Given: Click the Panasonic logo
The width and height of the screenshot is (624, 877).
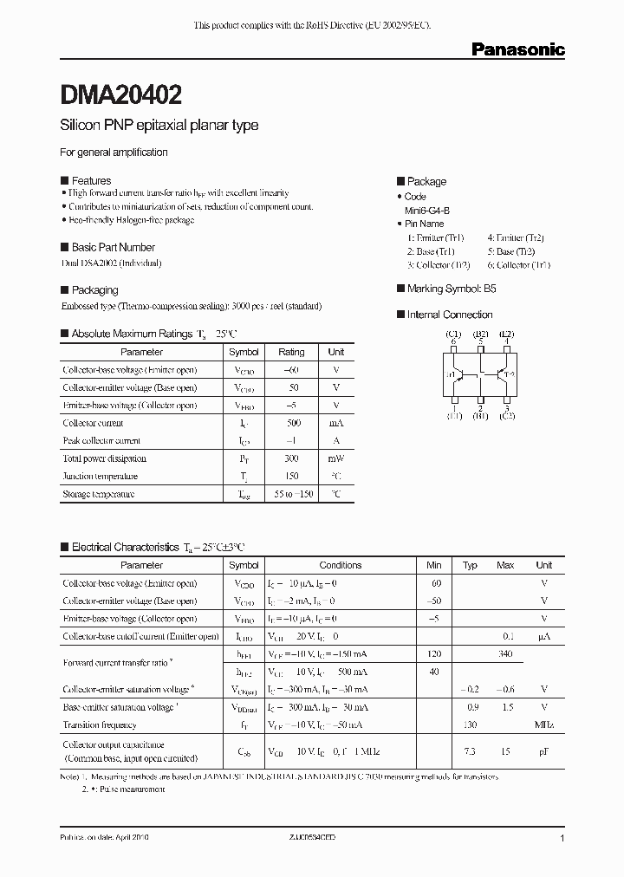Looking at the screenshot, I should pos(517,50).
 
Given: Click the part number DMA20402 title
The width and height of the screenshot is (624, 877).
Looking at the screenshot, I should pos(120,93).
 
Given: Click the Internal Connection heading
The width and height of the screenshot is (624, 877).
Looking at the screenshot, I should pos(450,315).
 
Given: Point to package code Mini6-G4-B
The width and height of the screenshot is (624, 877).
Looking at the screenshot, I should pos(427,211).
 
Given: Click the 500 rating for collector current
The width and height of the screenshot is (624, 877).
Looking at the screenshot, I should pos(291,423).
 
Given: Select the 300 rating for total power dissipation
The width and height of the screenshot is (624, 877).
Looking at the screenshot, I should pos(291,458).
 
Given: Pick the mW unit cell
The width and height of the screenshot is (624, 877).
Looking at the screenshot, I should pos(335,458).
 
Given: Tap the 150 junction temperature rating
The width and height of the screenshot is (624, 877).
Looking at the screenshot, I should pos(291,476).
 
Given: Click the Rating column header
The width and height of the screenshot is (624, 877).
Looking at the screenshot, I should pos(291,352).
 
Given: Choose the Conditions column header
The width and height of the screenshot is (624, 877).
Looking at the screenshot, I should pos(341,565).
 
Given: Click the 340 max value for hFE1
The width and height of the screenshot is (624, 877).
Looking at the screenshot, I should pos(505,654).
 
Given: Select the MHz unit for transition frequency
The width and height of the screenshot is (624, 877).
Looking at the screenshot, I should pos(544,724).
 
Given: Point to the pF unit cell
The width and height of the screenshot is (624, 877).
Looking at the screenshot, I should pos(544,750).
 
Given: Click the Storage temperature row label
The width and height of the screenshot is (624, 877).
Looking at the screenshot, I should pos(99,494).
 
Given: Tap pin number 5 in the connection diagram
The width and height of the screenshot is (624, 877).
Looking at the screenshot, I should pos(480,341).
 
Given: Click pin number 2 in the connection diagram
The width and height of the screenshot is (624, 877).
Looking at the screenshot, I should pos(480,407).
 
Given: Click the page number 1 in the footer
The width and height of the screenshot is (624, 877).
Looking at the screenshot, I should pos(562,839).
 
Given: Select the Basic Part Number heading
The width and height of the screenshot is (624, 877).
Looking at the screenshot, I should pos(113,247).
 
